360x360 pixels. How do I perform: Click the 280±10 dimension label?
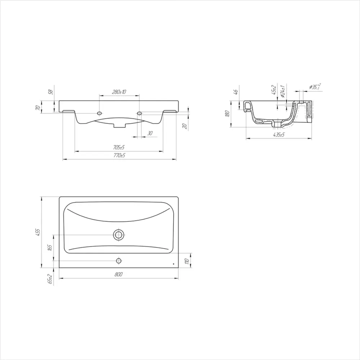(x=119, y=92)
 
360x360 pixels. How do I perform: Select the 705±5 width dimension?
(x=119, y=147)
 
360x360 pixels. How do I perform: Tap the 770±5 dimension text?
(x=120, y=156)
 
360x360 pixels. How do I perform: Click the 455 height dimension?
(x=38, y=232)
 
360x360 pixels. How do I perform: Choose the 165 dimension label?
(x=50, y=248)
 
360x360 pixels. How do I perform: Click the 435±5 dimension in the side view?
(x=279, y=135)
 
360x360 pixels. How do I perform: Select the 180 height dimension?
(x=228, y=114)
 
